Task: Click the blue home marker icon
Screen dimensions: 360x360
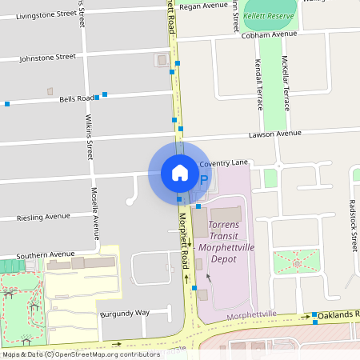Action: click(180, 172)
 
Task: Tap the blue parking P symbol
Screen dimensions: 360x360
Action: click(203, 181)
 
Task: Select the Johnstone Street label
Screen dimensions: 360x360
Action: click(47, 57)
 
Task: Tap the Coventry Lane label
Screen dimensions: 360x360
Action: click(226, 163)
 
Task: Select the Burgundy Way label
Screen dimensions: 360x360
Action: click(125, 313)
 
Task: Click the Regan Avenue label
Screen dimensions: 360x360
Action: click(204, 6)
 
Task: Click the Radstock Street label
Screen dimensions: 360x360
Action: click(353, 224)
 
